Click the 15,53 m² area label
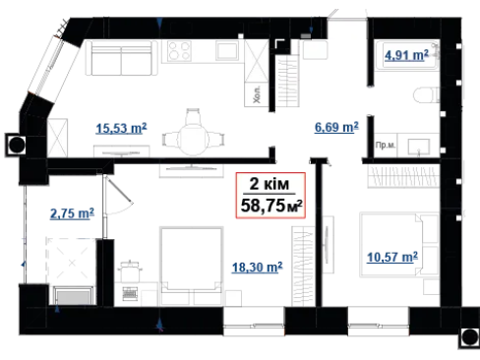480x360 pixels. pos(121,128)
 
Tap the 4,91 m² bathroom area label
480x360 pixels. pos(406,55)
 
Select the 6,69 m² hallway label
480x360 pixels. pos(336,127)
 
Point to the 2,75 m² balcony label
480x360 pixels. pos(72,213)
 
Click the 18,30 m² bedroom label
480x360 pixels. pos(257,268)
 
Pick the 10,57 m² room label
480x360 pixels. pos(392,257)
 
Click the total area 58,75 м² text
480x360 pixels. pos(271,206)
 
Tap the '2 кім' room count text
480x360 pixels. pos(270,184)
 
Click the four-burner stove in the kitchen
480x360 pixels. pos(179,51)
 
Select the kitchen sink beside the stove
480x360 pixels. pos(227,50)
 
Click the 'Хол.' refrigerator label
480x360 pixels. pos(257,94)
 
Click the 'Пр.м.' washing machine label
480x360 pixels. pos(386,145)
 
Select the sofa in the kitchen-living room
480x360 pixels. pos(121,58)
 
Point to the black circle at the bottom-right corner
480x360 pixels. pos(470,337)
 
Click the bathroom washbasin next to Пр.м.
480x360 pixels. pos(418,147)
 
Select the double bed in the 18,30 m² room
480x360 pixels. pos(192,266)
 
